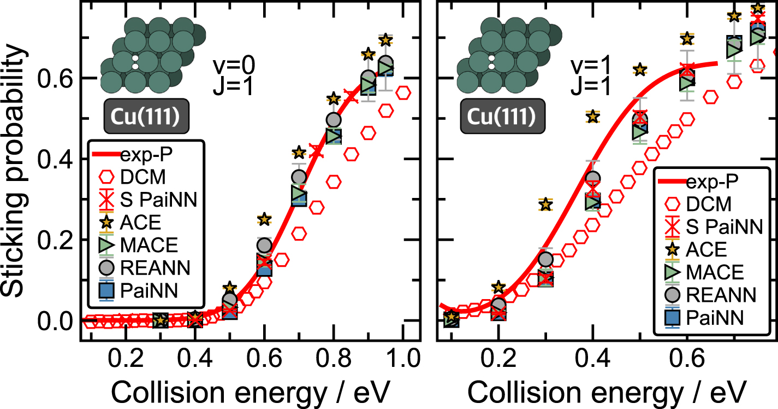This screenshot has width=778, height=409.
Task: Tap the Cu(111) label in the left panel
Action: [x=146, y=116]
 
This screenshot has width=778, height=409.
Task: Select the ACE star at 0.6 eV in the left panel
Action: [x=264, y=219]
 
